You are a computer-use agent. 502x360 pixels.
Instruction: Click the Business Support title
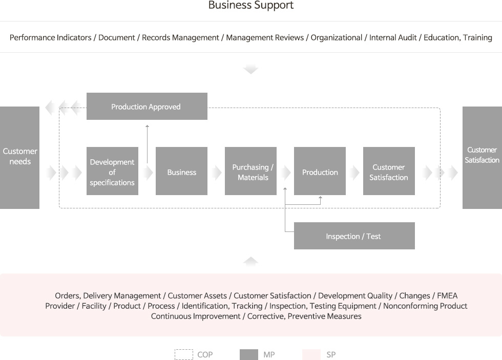[250, 5]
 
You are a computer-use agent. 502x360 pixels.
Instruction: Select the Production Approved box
[147, 106]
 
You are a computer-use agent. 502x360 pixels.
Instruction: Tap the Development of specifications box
[112, 171]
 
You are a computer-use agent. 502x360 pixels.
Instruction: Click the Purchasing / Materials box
[250, 171]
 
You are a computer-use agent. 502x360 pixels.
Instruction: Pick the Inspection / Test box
[354, 236]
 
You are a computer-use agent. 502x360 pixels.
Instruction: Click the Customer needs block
[19, 158]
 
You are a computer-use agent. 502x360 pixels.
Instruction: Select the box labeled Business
[181, 171]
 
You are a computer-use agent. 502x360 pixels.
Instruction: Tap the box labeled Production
[320, 171]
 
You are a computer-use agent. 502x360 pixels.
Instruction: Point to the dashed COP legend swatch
[184, 354]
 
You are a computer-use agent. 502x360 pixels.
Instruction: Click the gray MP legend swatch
[249, 354]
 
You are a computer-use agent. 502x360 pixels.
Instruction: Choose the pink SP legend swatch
[311, 354]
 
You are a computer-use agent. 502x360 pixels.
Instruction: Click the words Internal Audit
[393, 37]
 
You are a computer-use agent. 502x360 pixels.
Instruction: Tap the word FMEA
[447, 295]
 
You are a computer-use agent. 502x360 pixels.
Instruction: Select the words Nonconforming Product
[425, 306]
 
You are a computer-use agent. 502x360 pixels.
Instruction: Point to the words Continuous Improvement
[196, 316]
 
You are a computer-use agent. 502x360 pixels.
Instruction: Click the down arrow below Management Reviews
[250, 69]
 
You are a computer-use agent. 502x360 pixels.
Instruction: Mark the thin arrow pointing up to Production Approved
[148, 144]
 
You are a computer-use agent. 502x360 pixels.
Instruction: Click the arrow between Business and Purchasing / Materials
[216, 173]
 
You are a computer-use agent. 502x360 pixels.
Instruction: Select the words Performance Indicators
[51, 37]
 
